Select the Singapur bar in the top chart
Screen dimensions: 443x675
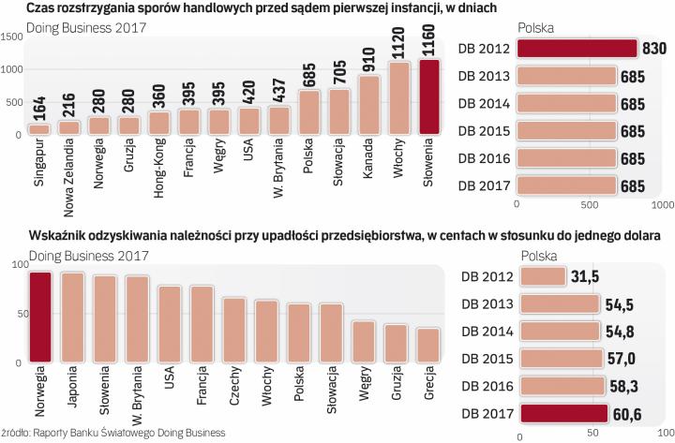(x=39, y=129)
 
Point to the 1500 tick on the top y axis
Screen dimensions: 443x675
(x=12, y=37)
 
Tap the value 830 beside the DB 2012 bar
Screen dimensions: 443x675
(x=653, y=49)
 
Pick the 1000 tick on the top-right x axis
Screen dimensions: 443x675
(x=662, y=202)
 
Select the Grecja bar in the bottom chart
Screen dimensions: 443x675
(x=428, y=344)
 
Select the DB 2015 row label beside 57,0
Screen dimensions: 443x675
(x=486, y=359)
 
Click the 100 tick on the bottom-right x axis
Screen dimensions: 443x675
(x=662, y=434)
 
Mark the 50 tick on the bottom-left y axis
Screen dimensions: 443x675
(x=15, y=313)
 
